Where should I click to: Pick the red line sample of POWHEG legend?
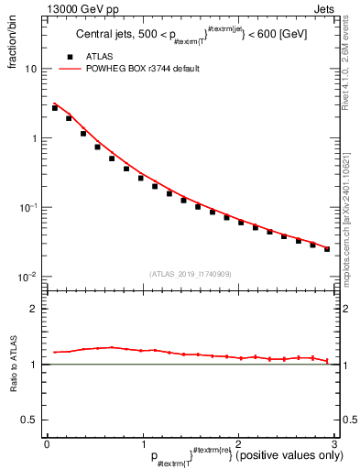pyautogui.click(x=71, y=69)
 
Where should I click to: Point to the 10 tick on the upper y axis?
pyautogui.click(x=30, y=69)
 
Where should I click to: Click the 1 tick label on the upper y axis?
pyautogui.click(x=33, y=138)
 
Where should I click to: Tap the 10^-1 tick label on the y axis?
pyautogui.click(x=28, y=207)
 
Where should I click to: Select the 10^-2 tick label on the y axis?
pyautogui.click(x=28, y=277)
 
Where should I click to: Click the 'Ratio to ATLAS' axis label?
pyautogui.click(x=12, y=364)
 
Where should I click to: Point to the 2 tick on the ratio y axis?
pyautogui.click(x=33, y=309)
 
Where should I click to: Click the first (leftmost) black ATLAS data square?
pyautogui.click(x=55, y=108)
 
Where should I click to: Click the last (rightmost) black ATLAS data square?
pyautogui.click(x=327, y=249)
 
